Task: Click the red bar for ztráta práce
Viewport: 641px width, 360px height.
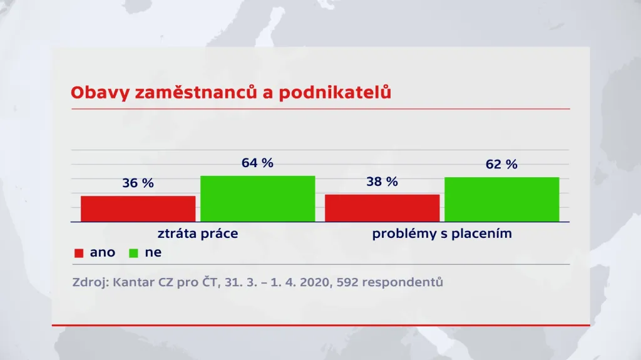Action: pyautogui.click(x=138, y=208)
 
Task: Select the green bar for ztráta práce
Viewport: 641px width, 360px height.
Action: pyautogui.click(x=257, y=198)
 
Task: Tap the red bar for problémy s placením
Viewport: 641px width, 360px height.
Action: pyautogui.click(x=382, y=208)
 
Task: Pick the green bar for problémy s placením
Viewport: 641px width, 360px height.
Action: pyautogui.click(x=501, y=199)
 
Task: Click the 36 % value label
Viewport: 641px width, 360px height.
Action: pyautogui.click(x=138, y=183)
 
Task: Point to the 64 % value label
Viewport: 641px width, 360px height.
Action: pyautogui.click(x=257, y=163)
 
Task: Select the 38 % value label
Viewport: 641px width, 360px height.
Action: pyautogui.click(x=382, y=182)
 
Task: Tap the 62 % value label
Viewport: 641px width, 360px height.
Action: pyautogui.click(x=501, y=165)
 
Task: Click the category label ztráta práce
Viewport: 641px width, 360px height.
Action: pyautogui.click(x=197, y=234)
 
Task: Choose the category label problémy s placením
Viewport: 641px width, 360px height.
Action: pyautogui.click(x=442, y=234)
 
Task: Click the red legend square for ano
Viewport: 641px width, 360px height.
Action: pyautogui.click(x=79, y=253)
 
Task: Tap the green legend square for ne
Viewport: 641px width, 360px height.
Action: pyautogui.click(x=133, y=253)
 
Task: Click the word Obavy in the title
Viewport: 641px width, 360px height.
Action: pyautogui.click(x=93, y=93)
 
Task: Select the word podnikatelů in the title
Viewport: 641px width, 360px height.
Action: pyautogui.click(x=335, y=93)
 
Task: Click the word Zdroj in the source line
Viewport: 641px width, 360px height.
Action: pyautogui.click(x=90, y=282)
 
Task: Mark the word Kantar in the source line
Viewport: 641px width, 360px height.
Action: pyautogui.click(x=134, y=282)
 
